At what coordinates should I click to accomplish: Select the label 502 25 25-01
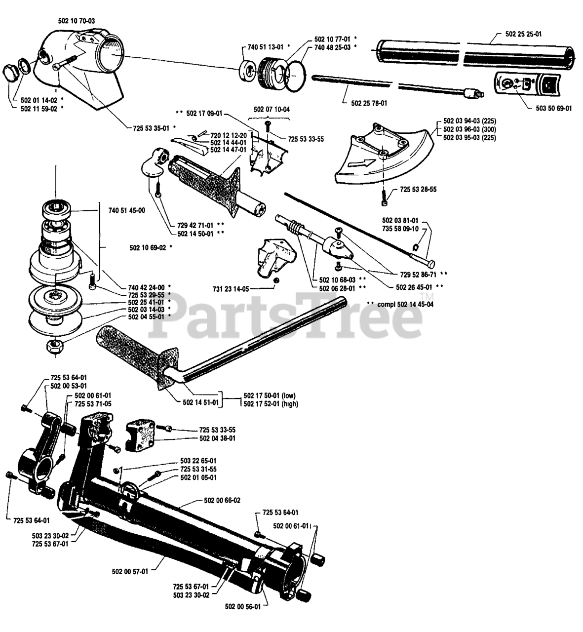pos(523,34)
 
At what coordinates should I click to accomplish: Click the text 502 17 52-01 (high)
pos(271,403)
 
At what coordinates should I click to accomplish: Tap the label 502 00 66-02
pos(222,500)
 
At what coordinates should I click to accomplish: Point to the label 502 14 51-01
pos(201,402)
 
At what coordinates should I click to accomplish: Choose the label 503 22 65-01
pos(198,461)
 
